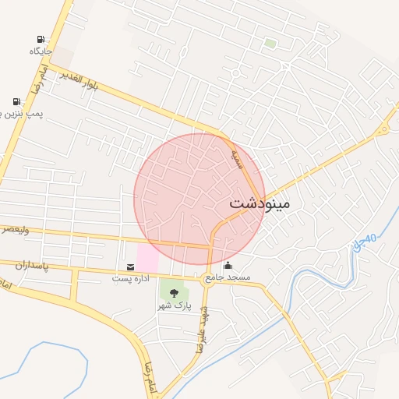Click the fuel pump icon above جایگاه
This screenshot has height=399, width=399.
pos(41,39)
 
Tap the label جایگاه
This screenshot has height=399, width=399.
pos(41,51)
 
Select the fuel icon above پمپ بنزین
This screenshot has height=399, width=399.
pos(16,101)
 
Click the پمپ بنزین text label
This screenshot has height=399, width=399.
pos(23,115)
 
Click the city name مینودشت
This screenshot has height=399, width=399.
pos(260,203)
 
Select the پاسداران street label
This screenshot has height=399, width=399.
pos(32,266)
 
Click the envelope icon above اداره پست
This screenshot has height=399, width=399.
pos(129,267)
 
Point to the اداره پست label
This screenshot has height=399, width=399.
pos(129,278)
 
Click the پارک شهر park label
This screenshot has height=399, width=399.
pos(173,305)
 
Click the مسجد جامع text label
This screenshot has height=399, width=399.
pos(228,278)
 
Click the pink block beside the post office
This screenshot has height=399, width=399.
pos(147,258)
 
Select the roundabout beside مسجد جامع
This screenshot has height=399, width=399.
pos(207,282)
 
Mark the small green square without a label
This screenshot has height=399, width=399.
pos(270,44)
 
